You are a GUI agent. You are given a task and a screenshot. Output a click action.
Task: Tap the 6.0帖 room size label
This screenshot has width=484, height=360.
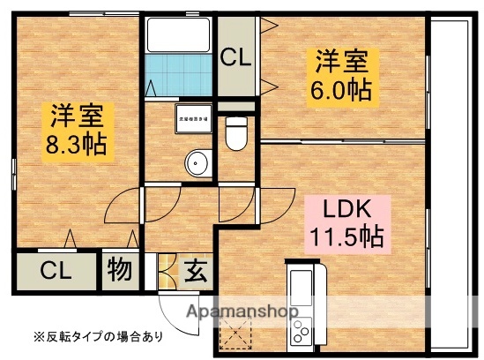340,89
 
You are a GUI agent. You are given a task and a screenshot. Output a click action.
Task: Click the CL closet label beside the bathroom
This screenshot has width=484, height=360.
235,59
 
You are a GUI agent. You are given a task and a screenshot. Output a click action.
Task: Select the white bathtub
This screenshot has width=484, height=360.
179,34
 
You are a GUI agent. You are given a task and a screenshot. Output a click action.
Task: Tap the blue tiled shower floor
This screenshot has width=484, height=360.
181,74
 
